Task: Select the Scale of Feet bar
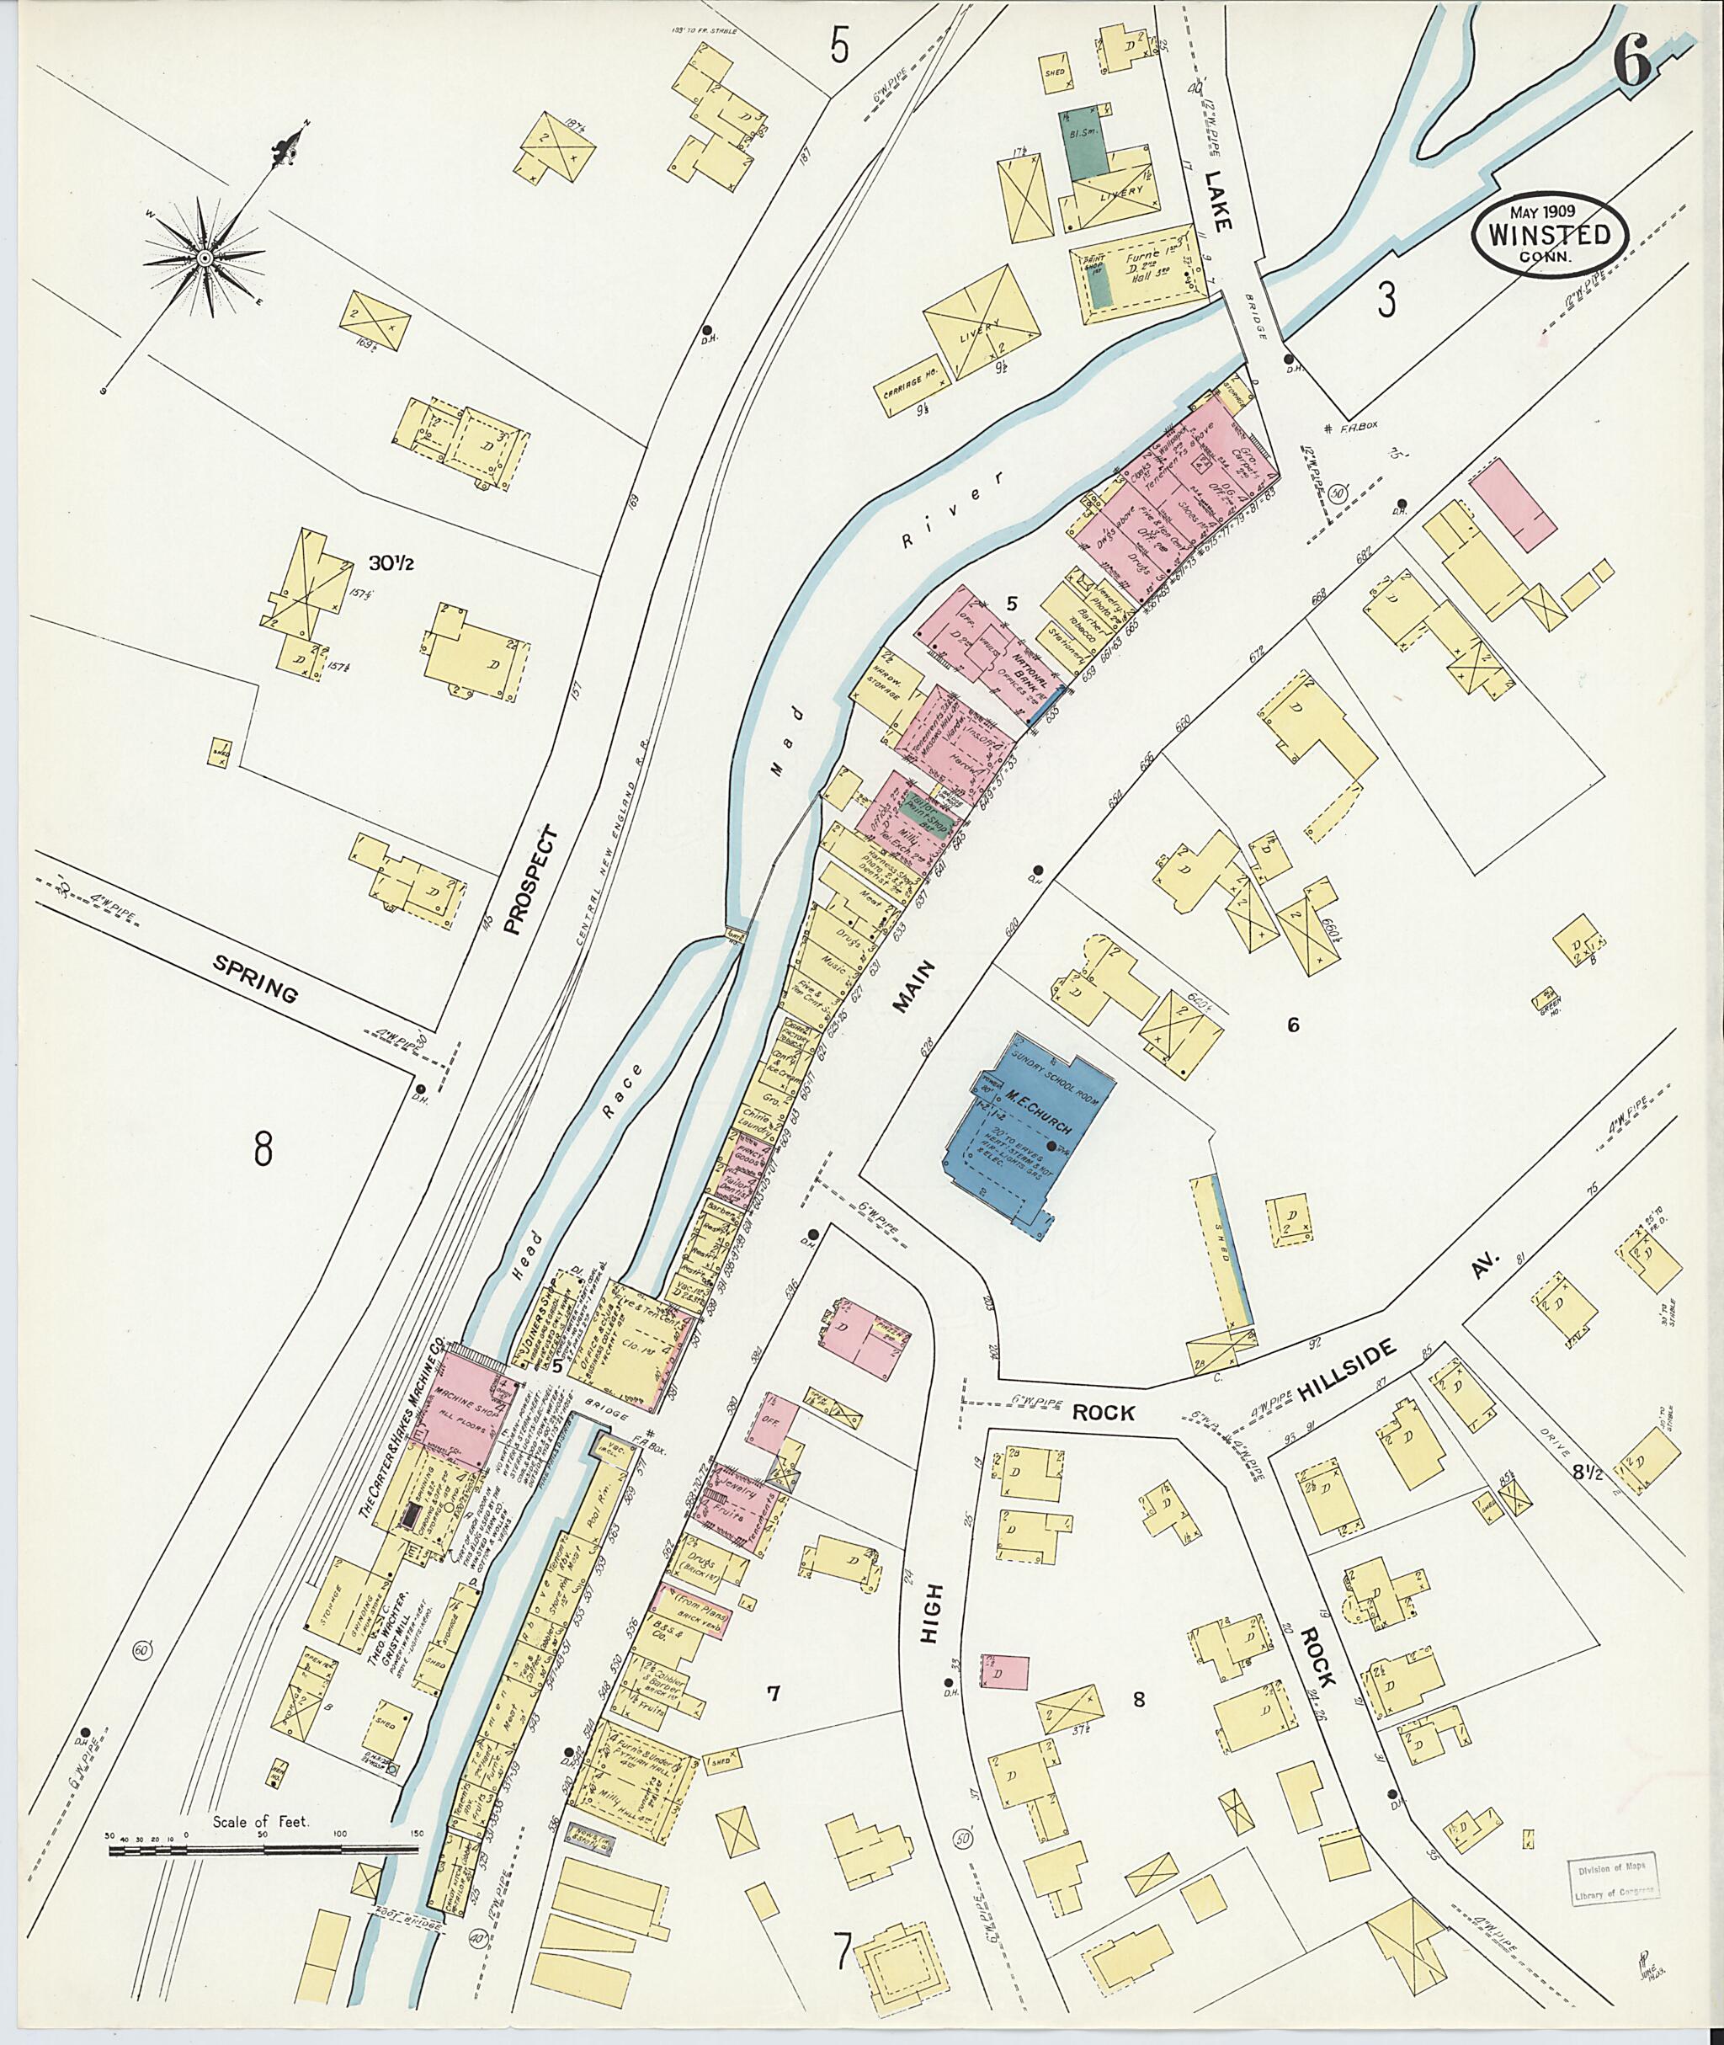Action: point(263,1851)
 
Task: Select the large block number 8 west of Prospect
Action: point(262,1149)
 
